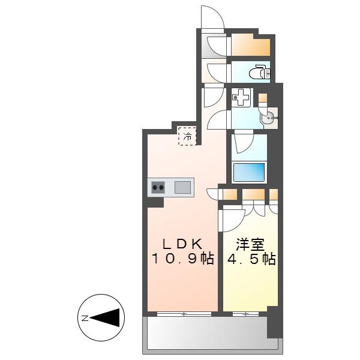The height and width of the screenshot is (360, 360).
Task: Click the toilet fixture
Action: click(259, 71)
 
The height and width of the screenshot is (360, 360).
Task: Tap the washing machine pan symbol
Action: click(240, 97)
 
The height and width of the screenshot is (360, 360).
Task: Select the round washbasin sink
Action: click(269, 118)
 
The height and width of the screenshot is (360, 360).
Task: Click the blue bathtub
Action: click(249, 172)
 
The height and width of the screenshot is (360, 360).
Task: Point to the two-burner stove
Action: click(158, 187)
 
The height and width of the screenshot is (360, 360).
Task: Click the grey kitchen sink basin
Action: click(182, 187)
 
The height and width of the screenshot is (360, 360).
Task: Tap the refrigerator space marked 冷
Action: click(187, 136)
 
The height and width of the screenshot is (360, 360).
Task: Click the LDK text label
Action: click(183, 244)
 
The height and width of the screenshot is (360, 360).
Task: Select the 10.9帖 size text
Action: click(183, 259)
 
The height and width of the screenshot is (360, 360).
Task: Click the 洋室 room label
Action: click(250, 244)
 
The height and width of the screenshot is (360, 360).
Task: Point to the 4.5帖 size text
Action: click(251, 259)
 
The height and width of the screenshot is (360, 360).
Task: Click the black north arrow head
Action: click(104, 317)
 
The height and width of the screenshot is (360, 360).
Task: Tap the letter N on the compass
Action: click(85, 318)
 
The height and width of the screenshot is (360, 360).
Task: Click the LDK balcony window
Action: click(184, 314)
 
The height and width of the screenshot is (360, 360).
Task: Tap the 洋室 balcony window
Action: click(245, 314)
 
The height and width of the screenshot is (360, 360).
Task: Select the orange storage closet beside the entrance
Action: click(250, 45)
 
